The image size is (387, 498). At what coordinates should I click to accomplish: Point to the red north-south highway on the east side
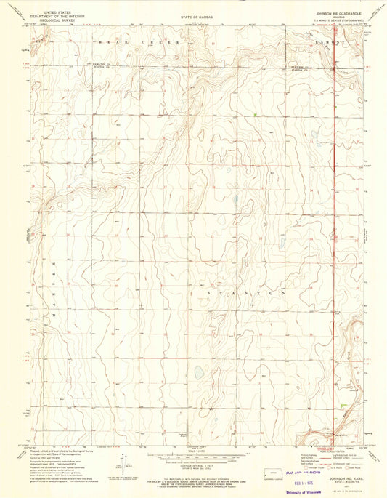click(x=335, y=218)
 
